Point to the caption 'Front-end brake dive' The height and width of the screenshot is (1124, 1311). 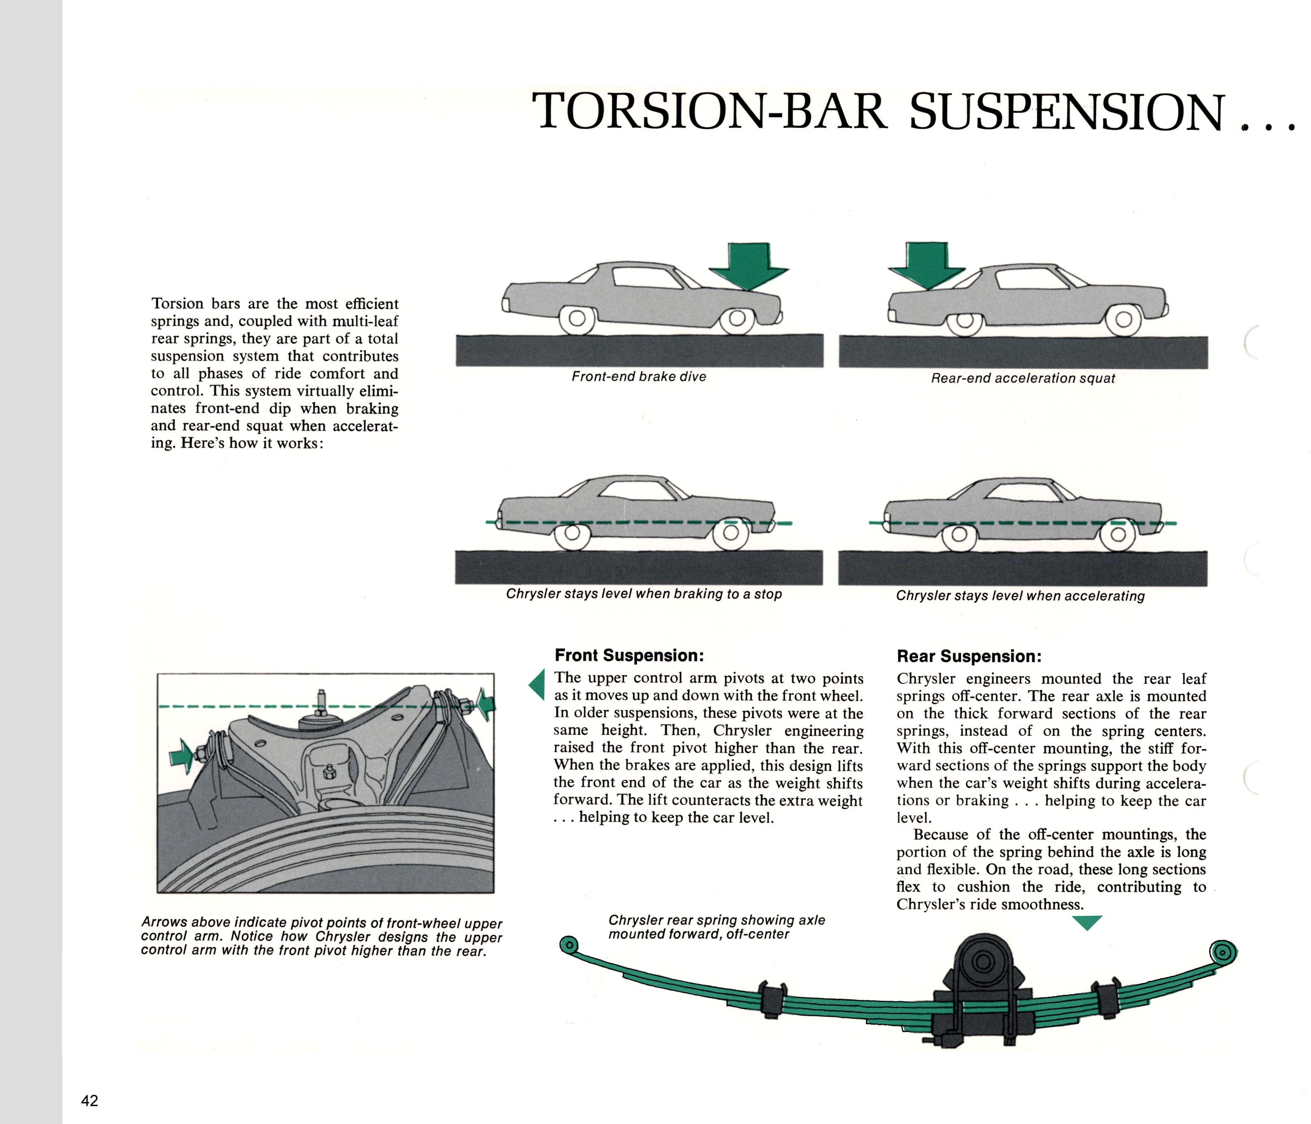pyautogui.click(x=638, y=377)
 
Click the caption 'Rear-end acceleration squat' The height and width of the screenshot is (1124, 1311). pyautogui.click(x=1023, y=378)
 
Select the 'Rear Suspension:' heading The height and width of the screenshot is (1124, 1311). pyautogui.click(x=969, y=656)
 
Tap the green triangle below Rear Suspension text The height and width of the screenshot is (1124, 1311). pyautogui.click(x=1088, y=922)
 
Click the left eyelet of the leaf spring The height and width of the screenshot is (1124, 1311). pyautogui.click(x=569, y=945)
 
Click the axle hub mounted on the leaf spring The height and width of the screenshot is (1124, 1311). pyautogui.click(x=983, y=962)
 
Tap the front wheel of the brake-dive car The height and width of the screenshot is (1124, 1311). pyautogui.click(x=737, y=319)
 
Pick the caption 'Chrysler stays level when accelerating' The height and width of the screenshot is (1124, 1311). pyautogui.click(x=1020, y=596)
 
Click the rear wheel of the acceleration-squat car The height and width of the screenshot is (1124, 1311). pyautogui.click(x=964, y=321)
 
